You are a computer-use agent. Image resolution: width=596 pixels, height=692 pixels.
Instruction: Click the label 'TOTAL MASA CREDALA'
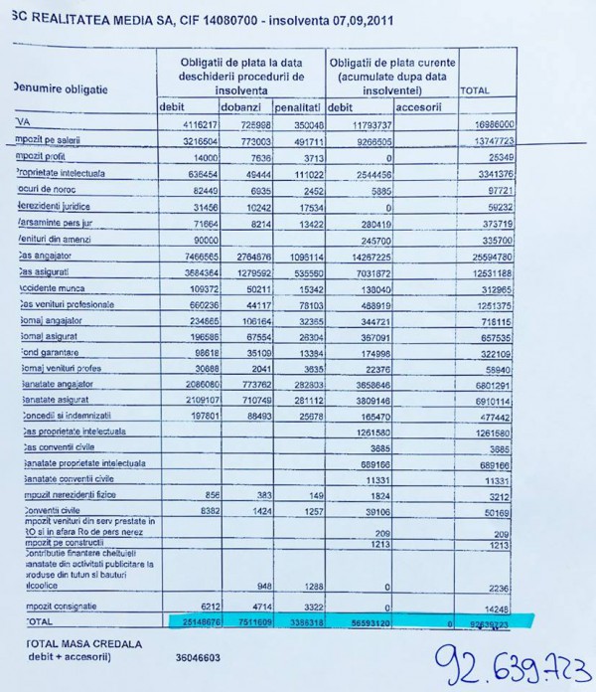[79, 644]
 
